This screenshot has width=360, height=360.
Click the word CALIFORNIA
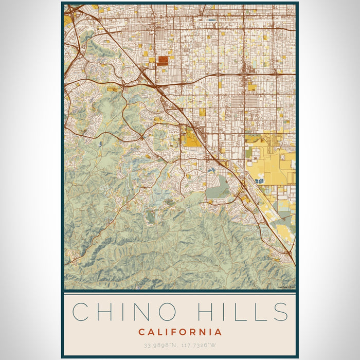coord(180,332)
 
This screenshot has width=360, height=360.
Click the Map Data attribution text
coord(286,287)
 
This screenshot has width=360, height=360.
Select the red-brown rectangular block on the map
coord(163,61)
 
